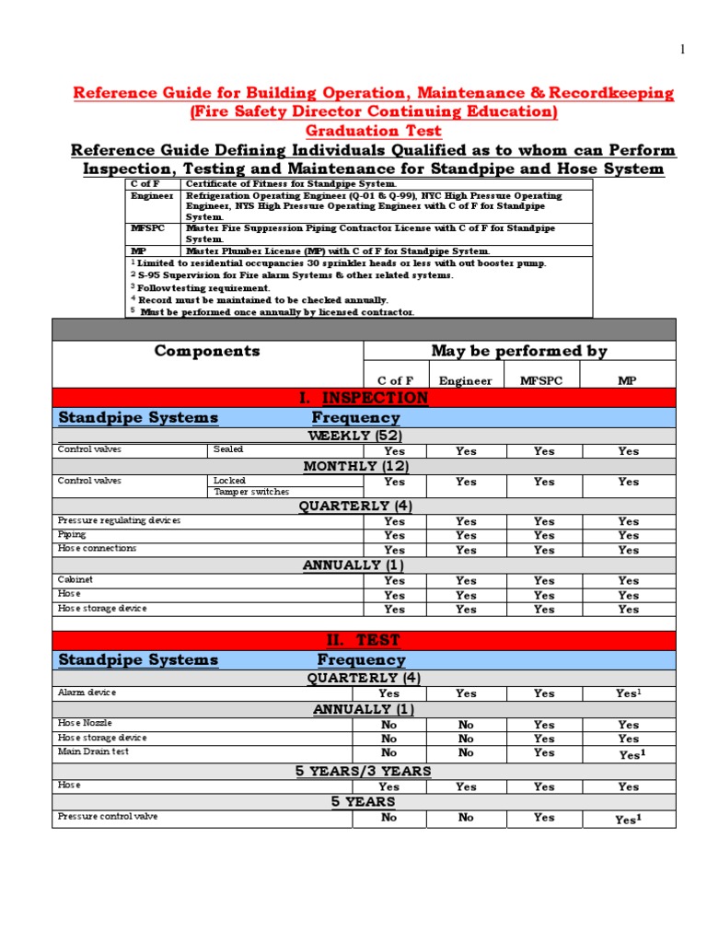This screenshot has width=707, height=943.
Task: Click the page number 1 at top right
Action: [682, 50]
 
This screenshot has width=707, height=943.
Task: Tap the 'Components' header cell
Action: [207, 351]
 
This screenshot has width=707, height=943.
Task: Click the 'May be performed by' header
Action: [519, 351]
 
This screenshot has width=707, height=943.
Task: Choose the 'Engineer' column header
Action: [465, 380]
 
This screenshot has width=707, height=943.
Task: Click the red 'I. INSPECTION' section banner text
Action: [364, 398]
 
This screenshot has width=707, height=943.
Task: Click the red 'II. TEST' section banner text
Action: [364, 640]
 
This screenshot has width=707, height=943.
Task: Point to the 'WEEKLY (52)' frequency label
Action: [354, 436]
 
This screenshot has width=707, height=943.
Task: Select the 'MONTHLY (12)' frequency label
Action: [353, 466]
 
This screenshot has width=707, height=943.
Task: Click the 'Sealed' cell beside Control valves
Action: [228, 449]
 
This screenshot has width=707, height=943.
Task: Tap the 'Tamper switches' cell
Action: [250, 492]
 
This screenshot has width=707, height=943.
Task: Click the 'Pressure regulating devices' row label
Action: [119, 520]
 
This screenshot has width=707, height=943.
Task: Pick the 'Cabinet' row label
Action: [75, 580]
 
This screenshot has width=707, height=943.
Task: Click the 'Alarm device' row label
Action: [87, 693]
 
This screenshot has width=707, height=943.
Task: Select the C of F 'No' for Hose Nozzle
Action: [389, 725]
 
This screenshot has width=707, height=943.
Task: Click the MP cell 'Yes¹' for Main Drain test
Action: [629, 754]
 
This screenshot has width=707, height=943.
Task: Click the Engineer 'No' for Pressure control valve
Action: [466, 818]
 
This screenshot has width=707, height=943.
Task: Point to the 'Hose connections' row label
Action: [97, 548]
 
